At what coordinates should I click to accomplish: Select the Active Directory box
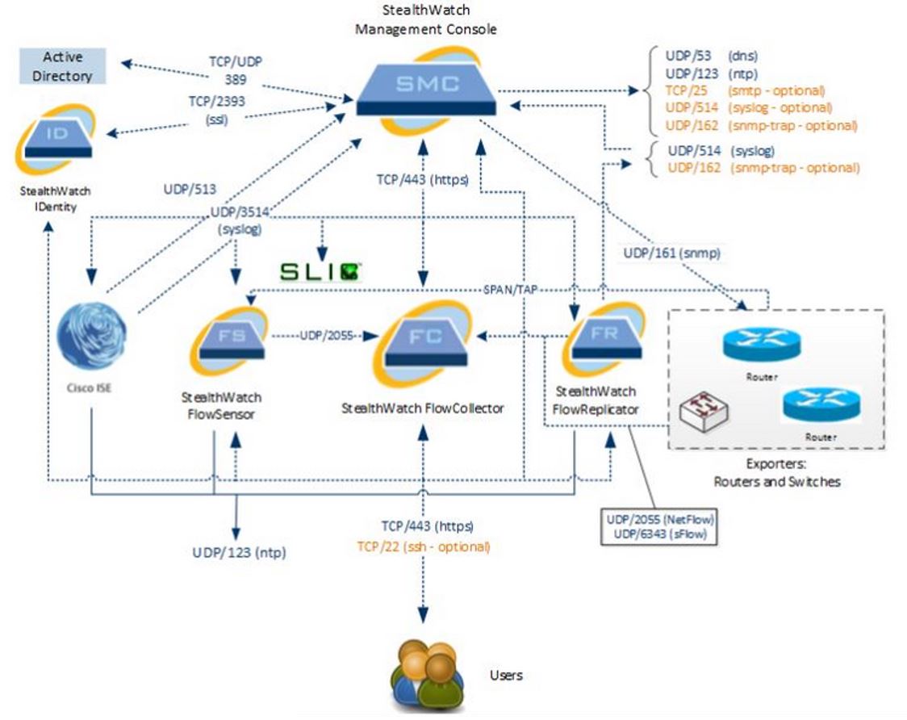coord(63,66)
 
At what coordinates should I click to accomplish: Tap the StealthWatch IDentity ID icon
coord(56,139)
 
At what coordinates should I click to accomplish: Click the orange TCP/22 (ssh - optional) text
coord(423,546)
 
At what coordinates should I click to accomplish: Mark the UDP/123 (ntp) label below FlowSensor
coord(239,553)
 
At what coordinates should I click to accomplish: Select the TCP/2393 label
coord(216,101)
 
